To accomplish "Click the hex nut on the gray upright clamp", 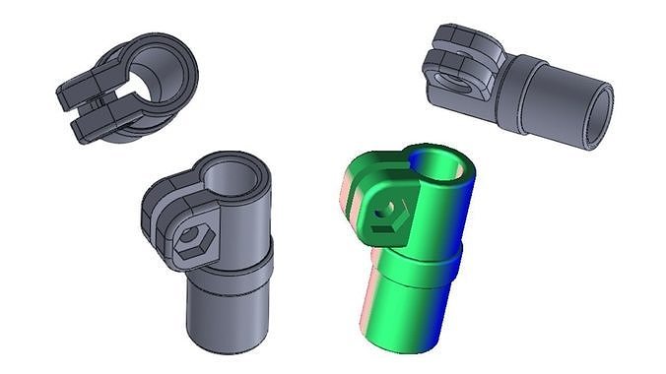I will pos(192,240).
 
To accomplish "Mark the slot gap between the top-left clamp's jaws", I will pos(99,101).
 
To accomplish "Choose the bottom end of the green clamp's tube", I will pos(399,340).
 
